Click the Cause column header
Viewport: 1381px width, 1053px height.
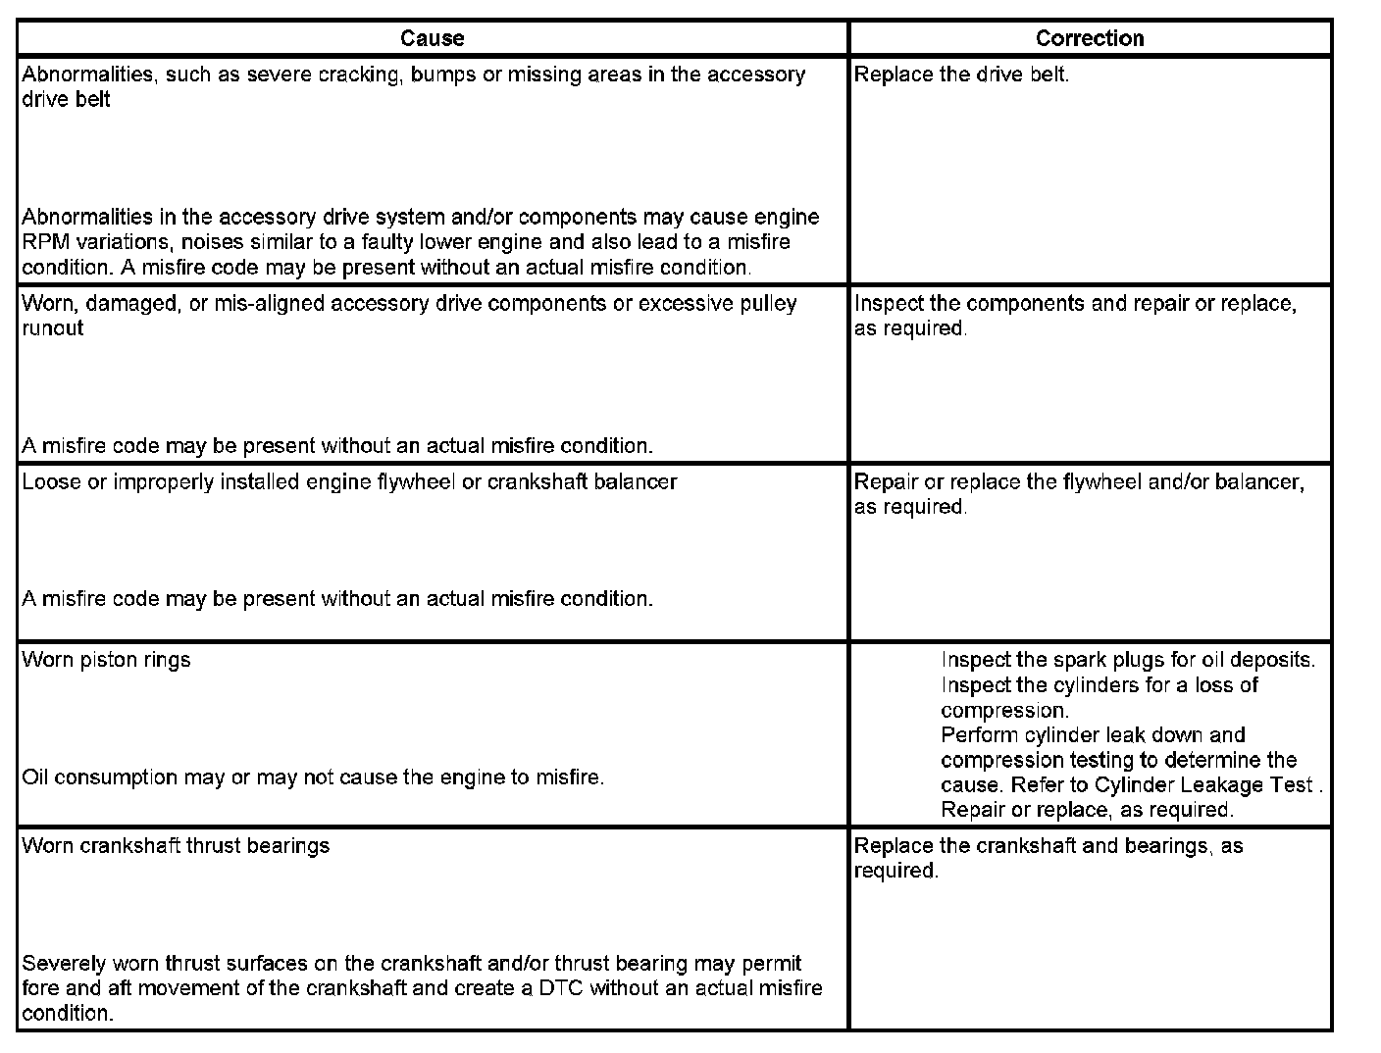432,38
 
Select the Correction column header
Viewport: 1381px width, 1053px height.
1090,38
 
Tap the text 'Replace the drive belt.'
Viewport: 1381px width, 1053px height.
961,75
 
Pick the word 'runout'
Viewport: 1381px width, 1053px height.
53,328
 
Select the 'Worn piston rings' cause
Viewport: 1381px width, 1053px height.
106,660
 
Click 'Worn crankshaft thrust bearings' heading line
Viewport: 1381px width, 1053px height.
176,846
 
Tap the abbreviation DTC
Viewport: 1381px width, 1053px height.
561,988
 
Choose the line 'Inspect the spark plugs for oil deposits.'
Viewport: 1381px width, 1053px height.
1128,660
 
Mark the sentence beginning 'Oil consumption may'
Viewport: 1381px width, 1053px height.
313,777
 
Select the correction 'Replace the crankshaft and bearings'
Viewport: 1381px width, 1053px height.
1048,846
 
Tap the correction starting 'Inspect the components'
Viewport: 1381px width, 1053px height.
1075,304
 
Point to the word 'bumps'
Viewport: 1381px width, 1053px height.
443,75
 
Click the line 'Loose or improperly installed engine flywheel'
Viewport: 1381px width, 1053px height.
349,482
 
